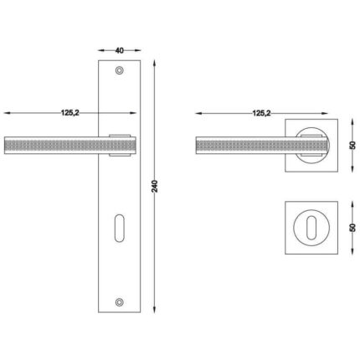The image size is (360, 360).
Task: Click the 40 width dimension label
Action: coord(120,50)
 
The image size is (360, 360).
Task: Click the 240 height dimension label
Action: coord(155,186)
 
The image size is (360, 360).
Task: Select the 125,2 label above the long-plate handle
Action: coord(70,113)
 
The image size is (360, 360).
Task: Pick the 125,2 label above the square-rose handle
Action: coord(261,113)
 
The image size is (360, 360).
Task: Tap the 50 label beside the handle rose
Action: coord(352,145)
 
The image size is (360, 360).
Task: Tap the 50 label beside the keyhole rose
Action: coord(352,228)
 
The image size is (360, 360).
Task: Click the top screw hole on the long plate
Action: coord(120,70)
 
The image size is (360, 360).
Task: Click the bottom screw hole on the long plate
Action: coord(120,301)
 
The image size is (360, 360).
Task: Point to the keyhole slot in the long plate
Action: coord(120,228)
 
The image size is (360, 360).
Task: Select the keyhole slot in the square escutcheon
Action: coord(311,228)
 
